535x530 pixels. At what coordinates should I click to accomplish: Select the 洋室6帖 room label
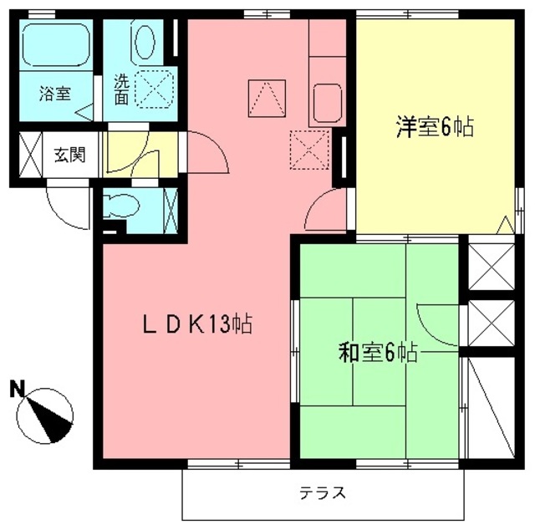[435, 128]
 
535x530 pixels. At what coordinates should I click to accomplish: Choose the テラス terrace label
[322, 492]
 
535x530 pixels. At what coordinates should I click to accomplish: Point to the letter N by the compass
[17, 388]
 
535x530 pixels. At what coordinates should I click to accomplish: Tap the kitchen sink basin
[326, 103]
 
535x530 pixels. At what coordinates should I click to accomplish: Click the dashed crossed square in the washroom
[155, 89]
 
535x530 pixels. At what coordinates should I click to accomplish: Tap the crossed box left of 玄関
[29, 155]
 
